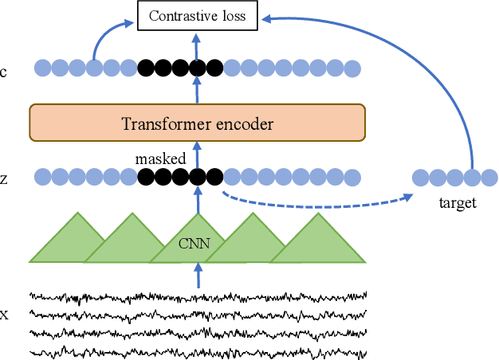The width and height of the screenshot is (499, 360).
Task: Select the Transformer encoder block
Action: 197,123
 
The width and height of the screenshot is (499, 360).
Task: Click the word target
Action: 457,203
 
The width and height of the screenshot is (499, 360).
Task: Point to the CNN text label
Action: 195,244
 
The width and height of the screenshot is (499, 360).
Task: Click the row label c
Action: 4,72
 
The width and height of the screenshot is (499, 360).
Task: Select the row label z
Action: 4,179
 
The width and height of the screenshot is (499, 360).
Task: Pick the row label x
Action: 4,315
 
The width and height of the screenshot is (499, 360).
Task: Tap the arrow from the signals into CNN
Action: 198,276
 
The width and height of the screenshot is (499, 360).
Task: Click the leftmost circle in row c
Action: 42,69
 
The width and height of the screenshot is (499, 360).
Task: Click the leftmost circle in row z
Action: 42,177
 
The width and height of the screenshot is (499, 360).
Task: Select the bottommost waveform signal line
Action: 198,350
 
